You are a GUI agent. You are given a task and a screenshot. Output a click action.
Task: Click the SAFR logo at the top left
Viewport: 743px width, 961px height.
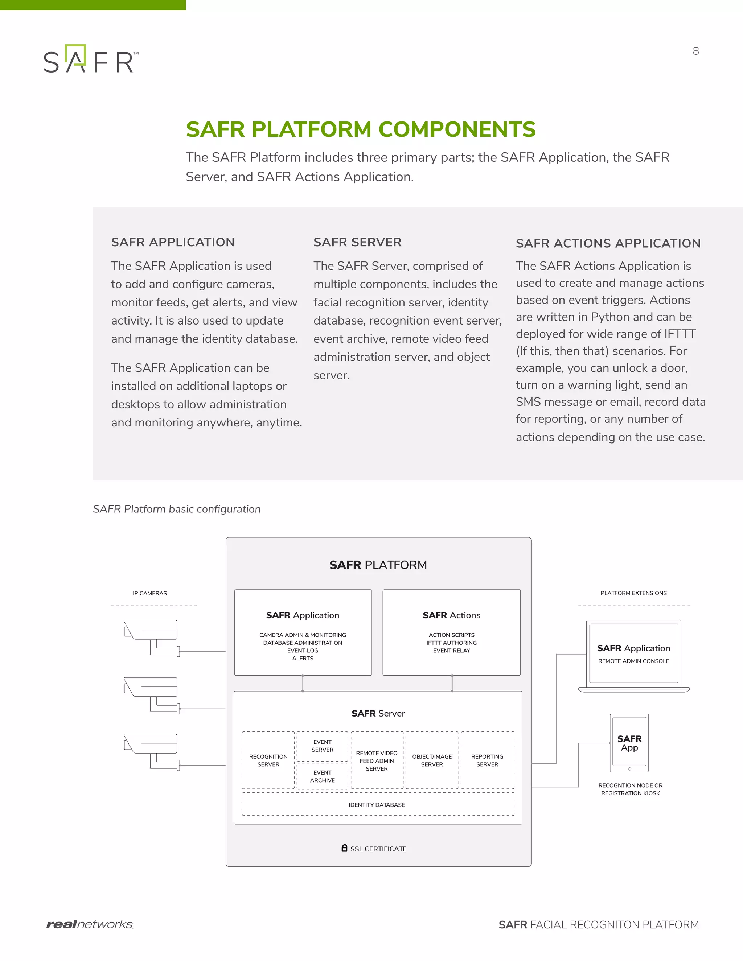point(90,59)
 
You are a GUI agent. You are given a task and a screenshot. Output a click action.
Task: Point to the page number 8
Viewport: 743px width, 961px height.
point(695,51)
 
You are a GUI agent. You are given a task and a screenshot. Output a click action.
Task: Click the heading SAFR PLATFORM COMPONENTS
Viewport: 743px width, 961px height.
point(361,129)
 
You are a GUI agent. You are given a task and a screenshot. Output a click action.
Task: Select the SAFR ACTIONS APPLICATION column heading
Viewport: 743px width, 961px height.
point(608,243)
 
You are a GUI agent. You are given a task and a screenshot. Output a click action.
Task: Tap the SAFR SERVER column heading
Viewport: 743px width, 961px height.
point(357,242)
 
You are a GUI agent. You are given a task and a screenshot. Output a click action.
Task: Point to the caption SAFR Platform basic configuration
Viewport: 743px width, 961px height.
point(177,509)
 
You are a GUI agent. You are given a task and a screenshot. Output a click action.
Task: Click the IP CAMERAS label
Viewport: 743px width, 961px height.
point(150,593)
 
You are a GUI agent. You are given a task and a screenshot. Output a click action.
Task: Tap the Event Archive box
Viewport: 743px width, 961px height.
point(322,776)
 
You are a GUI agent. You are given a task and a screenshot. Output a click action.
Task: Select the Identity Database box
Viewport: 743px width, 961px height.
point(377,805)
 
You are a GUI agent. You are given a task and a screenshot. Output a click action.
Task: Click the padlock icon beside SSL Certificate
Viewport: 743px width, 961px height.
point(344,848)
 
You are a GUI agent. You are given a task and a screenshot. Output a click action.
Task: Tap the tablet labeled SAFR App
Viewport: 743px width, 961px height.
point(629,743)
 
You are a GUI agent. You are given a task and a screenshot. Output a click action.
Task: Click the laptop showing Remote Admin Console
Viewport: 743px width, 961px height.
point(633,654)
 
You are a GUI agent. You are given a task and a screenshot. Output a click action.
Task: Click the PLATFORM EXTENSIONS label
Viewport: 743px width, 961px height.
point(633,593)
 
